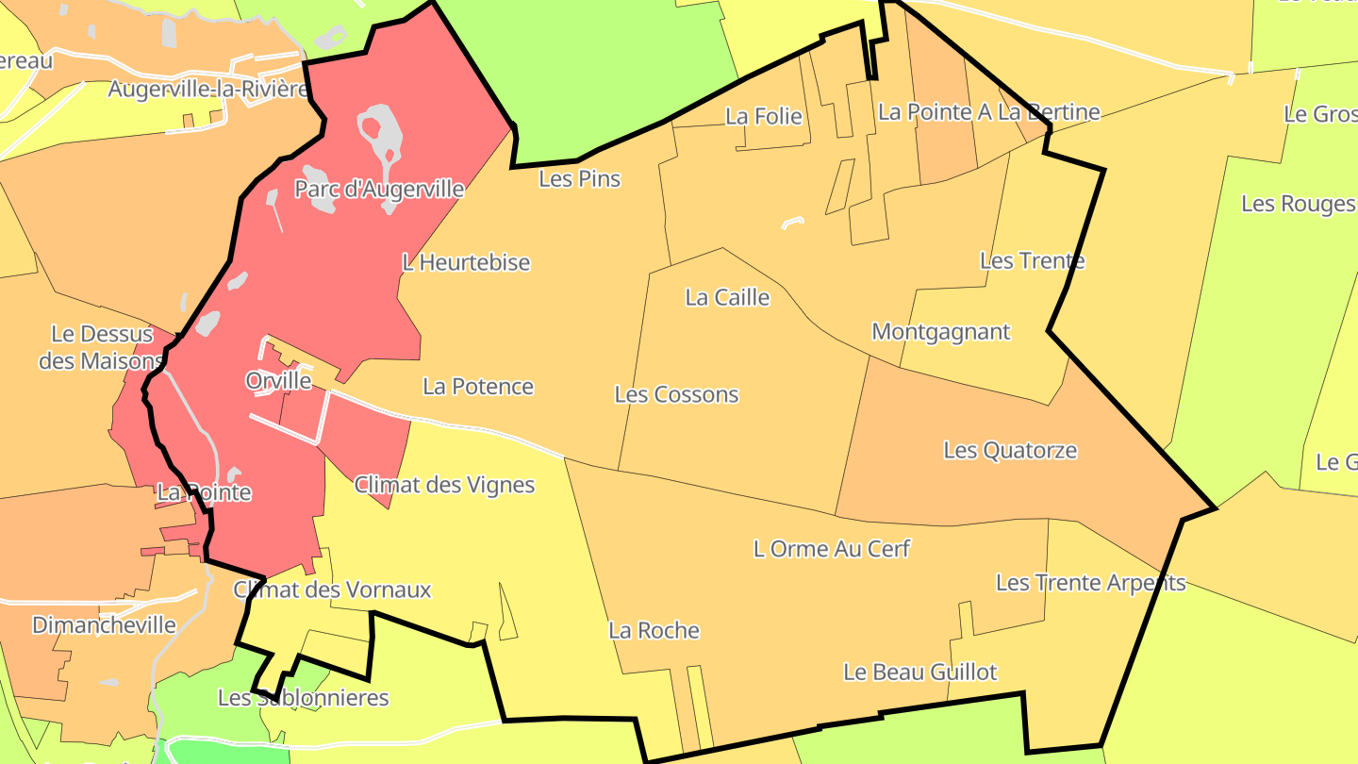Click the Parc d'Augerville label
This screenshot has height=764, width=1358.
click(379, 189)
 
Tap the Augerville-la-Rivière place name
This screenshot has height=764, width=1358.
click(208, 90)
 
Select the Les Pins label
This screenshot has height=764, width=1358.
click(579, 178)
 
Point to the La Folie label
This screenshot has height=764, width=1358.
click(763, 116)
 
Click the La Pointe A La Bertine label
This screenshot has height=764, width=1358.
click(988, 112)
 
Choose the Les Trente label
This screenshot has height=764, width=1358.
click(1032, 260)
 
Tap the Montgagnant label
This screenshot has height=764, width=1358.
click(940, 332)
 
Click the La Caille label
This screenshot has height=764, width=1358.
click(727, 298)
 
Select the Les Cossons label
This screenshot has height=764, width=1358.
click(676, 394)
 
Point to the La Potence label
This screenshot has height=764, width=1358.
click(477, 386)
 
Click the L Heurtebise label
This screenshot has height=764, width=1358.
click(466, 262)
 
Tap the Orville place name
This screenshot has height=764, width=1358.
click(278, 381)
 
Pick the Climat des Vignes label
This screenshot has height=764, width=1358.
click(444, 485)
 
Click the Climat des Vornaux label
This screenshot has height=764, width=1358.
click(332, 590)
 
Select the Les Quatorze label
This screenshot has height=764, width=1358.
click(1010, 451)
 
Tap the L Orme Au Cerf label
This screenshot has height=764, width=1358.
click(832, 548)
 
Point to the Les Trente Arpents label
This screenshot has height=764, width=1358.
click(1090, 583)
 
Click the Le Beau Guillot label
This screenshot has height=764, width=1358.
click(919, 672)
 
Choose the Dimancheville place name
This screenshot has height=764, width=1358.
click(104, 625)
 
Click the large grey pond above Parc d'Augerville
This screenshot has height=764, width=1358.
click(381, 132)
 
